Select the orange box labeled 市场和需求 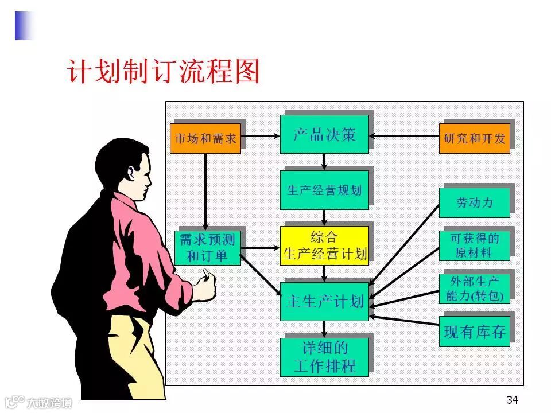pos(205,139)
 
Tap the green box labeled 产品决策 pos(324,135)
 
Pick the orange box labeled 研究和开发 pos(474,139)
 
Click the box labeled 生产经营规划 pos(324,190)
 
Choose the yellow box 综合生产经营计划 pos(324,246)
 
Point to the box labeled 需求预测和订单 pos(207,248)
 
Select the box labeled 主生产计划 pos(324,301)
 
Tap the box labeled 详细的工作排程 pos(324,357)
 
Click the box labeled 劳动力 pos(474,202)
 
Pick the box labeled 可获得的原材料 pos(474,246)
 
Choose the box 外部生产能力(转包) pos(474,289)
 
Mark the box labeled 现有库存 pos(474,332)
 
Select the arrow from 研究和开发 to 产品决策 pos(404,136)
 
